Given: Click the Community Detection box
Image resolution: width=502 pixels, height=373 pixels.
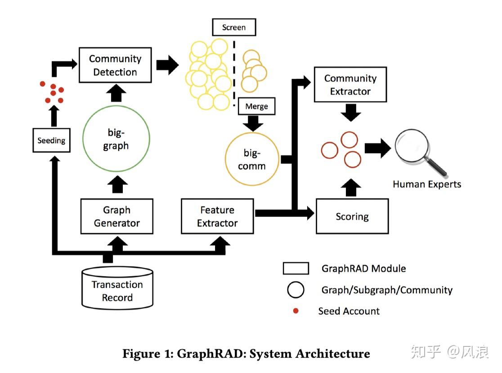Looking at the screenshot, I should click(x=115, y=65).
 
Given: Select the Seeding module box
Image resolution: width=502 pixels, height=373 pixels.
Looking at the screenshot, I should click(x=51, y=141).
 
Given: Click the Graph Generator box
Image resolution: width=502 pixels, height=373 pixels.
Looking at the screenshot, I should click(x=117, y=216).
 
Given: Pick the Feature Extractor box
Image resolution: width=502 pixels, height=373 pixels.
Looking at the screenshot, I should click(x=217, y=216).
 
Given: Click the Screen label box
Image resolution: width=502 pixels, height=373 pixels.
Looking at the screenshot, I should click(x=233, y=27).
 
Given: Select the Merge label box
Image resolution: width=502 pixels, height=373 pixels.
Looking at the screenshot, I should click(x=256, y=106).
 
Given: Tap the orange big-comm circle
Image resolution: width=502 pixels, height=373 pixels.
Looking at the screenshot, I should click(x=251, y=160).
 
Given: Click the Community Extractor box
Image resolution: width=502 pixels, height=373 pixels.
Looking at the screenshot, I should click(x=350, y=84).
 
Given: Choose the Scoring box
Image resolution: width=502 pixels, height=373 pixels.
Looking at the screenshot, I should click(x=352, y=217).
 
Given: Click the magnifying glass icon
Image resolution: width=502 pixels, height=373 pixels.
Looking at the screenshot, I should click(x=418, y=151).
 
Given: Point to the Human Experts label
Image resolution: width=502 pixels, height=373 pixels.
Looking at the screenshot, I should click(x=426, y=184).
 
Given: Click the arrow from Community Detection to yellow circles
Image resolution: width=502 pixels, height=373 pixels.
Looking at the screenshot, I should click(x=167, y=65).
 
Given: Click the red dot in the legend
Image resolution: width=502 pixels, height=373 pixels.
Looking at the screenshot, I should click(x=296, y=311).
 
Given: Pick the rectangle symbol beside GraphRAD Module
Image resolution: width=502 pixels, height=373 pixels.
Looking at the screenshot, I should click(x=296, y=268).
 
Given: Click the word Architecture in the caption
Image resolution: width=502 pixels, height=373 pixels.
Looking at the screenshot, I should click(x=332, y=354).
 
